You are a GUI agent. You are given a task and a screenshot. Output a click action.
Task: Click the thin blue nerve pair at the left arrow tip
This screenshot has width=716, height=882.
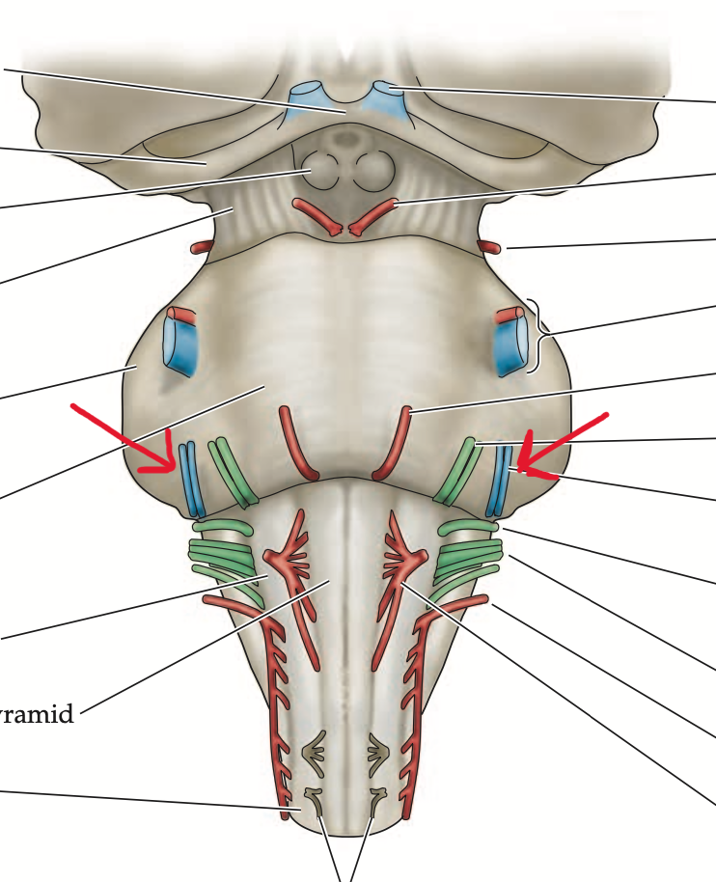click(190, 479)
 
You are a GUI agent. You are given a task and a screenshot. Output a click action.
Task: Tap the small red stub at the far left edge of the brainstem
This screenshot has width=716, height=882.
click(202, 247)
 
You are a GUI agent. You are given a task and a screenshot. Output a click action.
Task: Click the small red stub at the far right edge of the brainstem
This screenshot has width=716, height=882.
click(491, 247)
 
